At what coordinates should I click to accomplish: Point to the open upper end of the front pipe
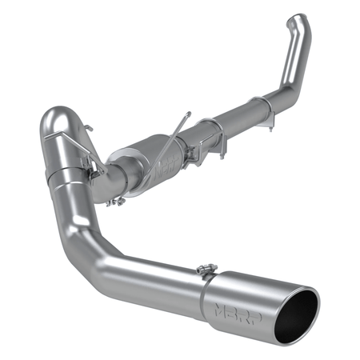pyautogui.click(x=298, y=19)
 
